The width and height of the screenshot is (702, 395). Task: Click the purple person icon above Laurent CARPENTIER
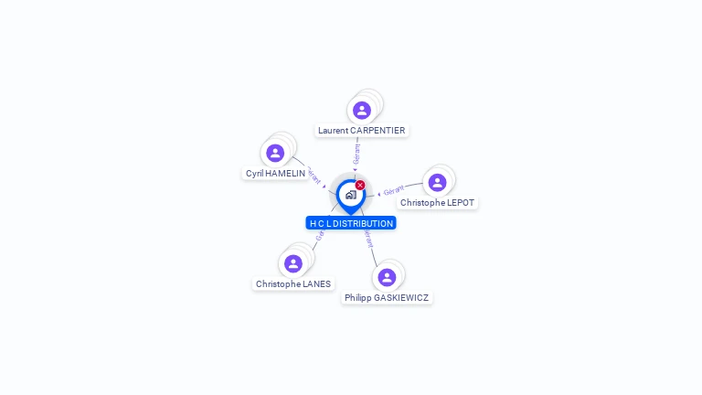(362, 111)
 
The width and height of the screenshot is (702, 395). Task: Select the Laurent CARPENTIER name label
(361, 131)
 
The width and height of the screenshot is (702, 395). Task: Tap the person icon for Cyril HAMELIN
(275, 154)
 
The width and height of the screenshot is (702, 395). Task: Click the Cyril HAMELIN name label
(275, 174)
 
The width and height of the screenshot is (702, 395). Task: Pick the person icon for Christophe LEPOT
(438, 183)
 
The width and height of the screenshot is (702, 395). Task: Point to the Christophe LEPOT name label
(438, 203)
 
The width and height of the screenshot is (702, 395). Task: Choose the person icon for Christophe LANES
(293, 264)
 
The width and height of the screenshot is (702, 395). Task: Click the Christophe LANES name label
(293, 284)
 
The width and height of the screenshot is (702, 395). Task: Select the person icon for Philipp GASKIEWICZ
(387, 277)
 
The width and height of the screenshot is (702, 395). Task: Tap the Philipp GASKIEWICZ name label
(387, 298)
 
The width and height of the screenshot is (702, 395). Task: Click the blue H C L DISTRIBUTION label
(351, 223)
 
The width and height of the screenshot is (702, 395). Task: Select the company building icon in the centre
(350, 195)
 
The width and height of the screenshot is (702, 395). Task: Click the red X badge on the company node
(360, 186)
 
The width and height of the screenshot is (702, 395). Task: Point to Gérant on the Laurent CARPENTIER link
(356, 155)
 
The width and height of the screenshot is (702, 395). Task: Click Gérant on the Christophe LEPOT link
(394, 190)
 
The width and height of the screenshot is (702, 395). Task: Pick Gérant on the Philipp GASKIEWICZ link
(368, 240)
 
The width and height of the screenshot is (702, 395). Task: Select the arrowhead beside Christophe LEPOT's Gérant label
(379, 194)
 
